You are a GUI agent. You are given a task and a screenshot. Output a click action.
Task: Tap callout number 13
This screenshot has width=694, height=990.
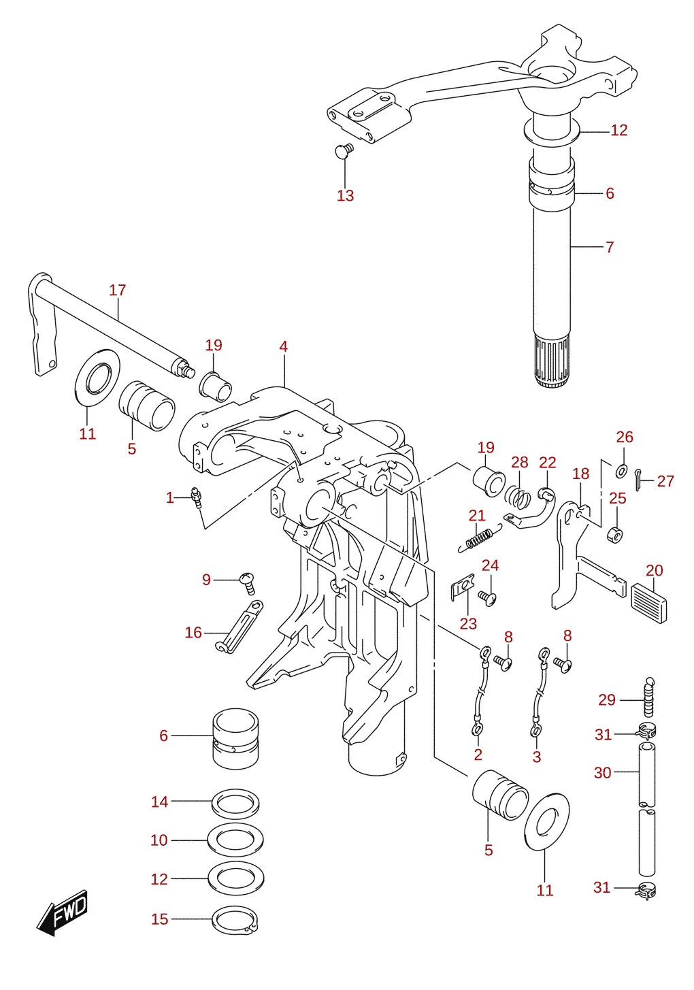click(x=345, y=195)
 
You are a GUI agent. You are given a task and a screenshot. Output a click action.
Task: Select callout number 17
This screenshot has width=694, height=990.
click(x=118, y=291)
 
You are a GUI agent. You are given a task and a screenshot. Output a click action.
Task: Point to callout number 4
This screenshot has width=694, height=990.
click(x=283, y=346)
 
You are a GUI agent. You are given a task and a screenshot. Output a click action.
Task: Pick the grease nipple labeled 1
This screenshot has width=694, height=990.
click(x=195, y=497)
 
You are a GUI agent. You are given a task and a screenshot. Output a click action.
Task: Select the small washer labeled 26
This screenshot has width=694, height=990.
click(x=621, y=471)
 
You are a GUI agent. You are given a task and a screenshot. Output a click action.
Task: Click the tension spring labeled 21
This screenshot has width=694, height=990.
click(x=480, y=540)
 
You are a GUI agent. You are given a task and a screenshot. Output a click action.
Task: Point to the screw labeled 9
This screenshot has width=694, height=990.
click(x=248, y=584)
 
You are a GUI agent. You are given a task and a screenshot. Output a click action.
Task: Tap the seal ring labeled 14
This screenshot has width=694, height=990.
click(x=235, y=802)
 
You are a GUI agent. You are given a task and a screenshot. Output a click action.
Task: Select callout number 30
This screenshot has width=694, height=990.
click(x=603, y=773)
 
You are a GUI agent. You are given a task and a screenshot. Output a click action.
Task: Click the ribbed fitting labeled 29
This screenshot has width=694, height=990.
click(x=648, y=697)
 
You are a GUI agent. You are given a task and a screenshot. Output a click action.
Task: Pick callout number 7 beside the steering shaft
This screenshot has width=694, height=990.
click(x=610, y=247)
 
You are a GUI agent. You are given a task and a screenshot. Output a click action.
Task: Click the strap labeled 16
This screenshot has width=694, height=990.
click(x=239, y=626)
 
